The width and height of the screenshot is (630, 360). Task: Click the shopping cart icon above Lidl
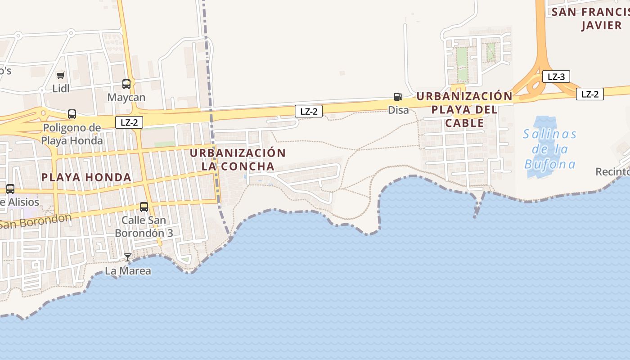point(61,75)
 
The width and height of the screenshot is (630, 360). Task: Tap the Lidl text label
point(61,88)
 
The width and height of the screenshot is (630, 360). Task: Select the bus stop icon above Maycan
point(126,84)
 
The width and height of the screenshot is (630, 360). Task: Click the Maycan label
point(126,97)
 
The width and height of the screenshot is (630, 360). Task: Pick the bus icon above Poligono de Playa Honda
point(72,114)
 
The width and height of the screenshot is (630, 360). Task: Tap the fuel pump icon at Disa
point(398,96)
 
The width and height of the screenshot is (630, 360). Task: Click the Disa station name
point(399,110)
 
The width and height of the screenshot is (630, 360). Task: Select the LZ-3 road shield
point(556,76)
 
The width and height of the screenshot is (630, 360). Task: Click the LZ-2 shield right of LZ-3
point(589,94)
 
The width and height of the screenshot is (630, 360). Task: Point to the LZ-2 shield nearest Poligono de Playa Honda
point(129,122)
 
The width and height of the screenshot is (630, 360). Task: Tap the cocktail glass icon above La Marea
point(128,257)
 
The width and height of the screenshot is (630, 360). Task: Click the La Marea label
point(128,271)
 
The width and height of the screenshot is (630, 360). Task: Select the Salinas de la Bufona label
point(550,149)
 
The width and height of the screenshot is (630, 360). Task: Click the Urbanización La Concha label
point(238,159)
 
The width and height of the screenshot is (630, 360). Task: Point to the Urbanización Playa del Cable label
point(464,109)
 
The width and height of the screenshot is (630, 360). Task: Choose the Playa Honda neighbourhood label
point(86,177)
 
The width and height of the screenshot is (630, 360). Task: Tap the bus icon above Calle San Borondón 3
point(144,207)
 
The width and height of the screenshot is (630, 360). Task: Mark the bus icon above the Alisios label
point(10,189)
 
